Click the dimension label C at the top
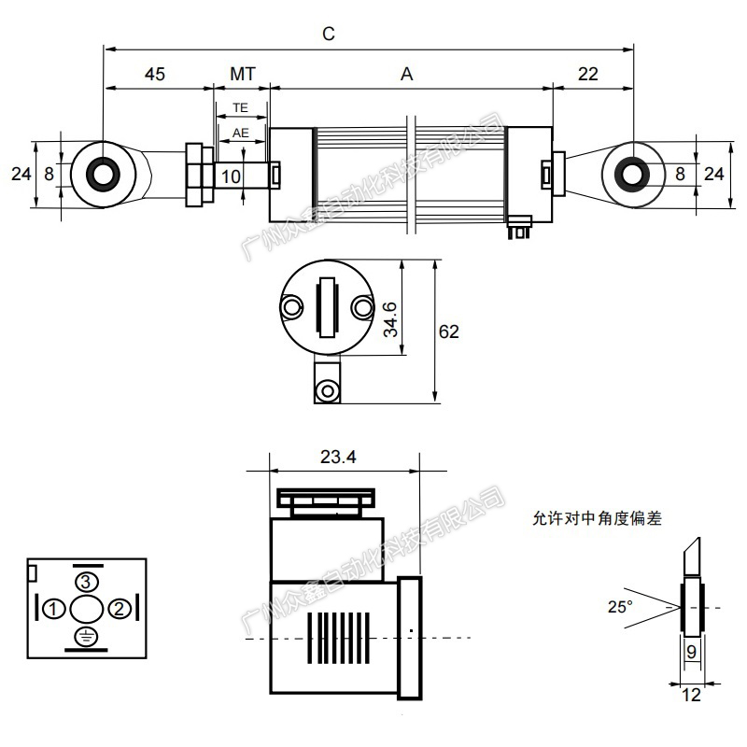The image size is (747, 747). click(x=329, y=34)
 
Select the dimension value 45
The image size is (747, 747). click(x=155, y=75)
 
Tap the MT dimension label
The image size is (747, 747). click(x=243, y=75)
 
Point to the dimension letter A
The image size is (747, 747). click(x=406, y=75)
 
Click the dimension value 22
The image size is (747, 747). click(x=588, y=75)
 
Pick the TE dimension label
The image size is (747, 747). click(x=241, y=108)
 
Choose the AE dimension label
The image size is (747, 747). click(x=241, y=133)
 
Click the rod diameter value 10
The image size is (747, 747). click(x=231, y=176)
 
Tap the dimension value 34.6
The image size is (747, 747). click(x=390, y=319)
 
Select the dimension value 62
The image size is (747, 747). click(x=449, y=331)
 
